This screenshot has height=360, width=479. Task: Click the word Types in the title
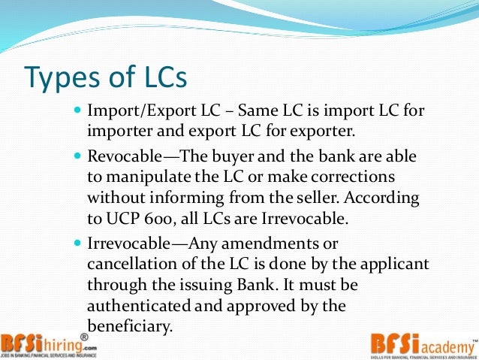click(x=66, y=77)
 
